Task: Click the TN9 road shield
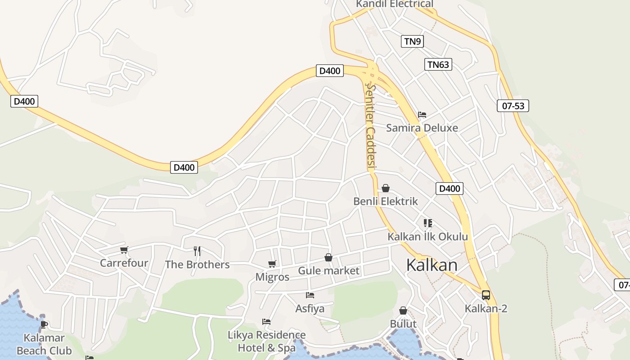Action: tap(412, 42)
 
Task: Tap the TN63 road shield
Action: tap(438, 64)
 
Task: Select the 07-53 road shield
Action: tap(513, 106)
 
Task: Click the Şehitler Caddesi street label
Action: tap(370, 126)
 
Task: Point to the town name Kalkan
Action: tap(432, 265)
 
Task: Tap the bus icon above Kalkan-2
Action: tap(486, 295)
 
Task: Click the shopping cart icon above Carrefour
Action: tap(124, 250)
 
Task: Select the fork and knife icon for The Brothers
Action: tap(197, 251)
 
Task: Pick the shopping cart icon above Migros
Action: tap(272, 264)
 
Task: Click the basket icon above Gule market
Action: tap(328, 257)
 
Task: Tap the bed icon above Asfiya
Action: tap(310, 295)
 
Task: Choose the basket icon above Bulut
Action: tap(403, 310)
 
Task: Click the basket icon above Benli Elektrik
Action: tap(386, 188)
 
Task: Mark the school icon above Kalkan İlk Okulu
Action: tap(427, 223)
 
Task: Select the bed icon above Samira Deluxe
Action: tap(422, 115)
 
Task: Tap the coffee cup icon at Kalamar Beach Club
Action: tap(44, 324)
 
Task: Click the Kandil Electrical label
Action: tap(394, 4)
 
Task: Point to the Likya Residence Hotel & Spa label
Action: tap(266, 341)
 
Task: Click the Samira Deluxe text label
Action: tap(422, 128)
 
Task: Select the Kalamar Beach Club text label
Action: tap(44, 344)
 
